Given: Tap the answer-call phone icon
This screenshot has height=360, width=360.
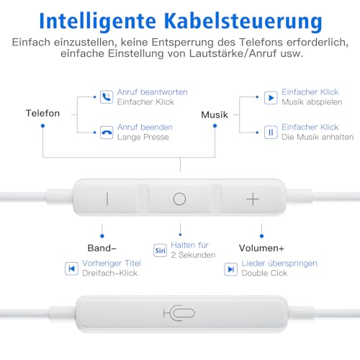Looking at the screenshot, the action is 107,97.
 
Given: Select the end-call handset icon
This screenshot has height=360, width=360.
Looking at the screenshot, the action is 107,132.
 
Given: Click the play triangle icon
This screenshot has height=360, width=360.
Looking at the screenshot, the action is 271,98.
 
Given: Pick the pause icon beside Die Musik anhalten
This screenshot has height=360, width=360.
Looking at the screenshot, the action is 271,132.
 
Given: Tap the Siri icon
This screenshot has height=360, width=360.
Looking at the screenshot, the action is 160,251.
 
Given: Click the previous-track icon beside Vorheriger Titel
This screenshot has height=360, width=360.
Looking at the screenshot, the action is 71,269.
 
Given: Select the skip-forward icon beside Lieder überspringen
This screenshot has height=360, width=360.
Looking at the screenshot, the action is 231,269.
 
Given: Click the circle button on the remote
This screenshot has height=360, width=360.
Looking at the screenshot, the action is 179,199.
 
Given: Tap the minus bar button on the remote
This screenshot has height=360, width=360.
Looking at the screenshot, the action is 107,199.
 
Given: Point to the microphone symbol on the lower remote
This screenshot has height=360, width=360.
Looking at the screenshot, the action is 179,313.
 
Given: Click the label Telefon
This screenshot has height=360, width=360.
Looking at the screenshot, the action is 42,113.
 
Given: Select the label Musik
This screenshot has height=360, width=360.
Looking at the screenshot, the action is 215,114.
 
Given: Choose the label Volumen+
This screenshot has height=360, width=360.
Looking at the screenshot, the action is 261,248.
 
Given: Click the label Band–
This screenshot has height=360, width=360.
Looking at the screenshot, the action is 102,248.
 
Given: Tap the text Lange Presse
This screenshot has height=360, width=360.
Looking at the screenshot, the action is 143,138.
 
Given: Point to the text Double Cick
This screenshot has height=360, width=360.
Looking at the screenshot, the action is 264,273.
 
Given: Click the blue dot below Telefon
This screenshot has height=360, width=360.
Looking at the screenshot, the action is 42,126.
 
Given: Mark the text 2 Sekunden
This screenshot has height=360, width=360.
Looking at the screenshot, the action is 193,255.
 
